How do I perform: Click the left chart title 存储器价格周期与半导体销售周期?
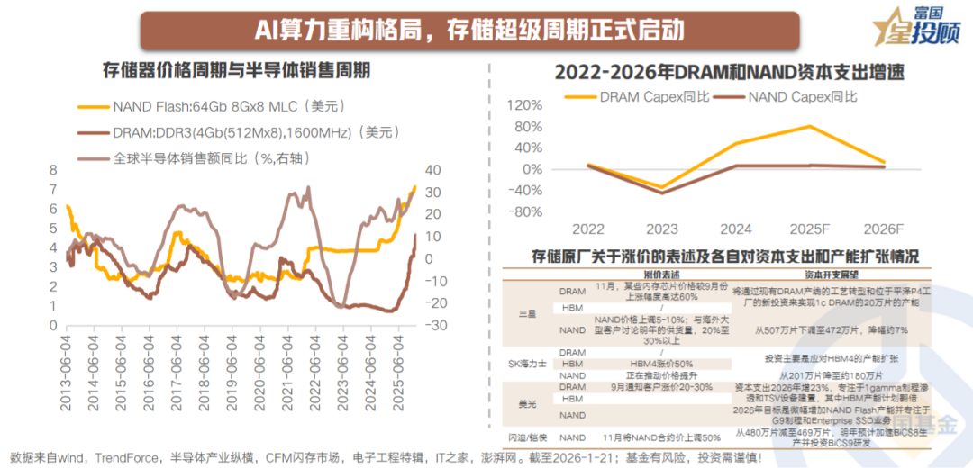tap(237, 71)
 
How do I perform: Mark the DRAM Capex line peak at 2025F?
tap(811, 126)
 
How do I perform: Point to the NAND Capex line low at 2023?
tap(662, 193)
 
